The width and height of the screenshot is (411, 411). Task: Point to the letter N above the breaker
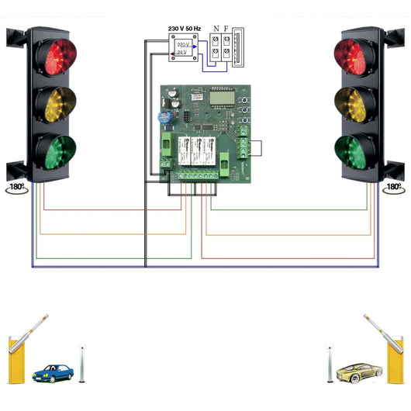point(216,29)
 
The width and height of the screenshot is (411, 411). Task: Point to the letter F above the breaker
point(227,29)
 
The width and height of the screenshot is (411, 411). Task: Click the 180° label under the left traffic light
point(16,188)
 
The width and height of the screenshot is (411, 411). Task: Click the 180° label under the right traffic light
point(393,188)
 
